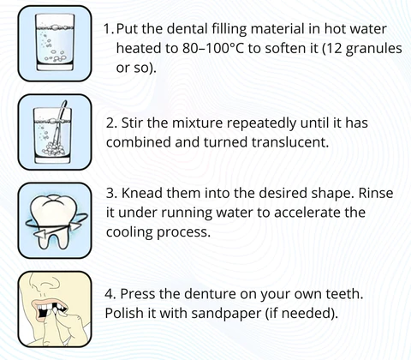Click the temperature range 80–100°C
[213, 48]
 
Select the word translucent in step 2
[290, 142]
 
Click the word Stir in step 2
[133, 123]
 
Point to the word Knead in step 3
[141, 193]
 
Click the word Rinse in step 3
[376, 193]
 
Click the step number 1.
[109, 29]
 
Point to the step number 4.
[110, 294]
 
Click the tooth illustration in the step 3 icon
[54, 220]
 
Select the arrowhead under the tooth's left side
[40, 234]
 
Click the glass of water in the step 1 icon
[55, 43]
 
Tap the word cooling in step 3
[129, 232]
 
